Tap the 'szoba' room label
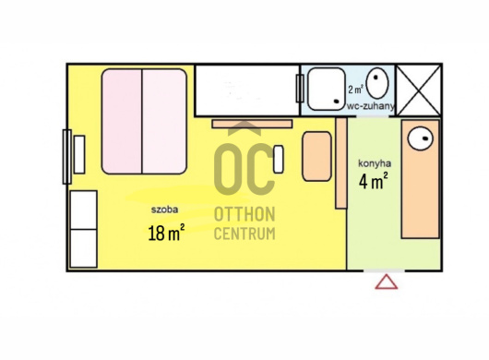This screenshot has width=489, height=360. click(x=164, y=210)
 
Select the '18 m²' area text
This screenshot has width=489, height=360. click(x=166, y=233)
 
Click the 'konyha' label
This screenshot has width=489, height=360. click(x=375, y=163)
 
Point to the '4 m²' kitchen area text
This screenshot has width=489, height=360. click(x=374, y=181)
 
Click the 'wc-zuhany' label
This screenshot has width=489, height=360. click(x=371, y=106)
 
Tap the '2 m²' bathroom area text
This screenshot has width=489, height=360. click(x=355, y=90)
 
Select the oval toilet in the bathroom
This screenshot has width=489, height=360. click(x=377, y=83)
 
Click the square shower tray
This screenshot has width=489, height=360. click(x=327, y=89)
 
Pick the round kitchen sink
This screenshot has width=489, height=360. click(x=421, y=138)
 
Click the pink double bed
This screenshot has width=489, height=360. click(x=144, y=121)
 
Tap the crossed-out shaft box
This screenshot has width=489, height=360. click(x=419, y=90)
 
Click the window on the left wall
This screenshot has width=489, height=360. click(x=67, y=157)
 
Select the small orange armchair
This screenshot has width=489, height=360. click(x=316, y=156)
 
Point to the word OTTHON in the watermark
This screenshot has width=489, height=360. click(x=244, y=214)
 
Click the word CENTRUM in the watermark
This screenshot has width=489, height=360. click(x=244, y=234)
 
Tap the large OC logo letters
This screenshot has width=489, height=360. click(x=244, y=169)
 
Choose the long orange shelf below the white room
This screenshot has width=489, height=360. click(x=252, y=124)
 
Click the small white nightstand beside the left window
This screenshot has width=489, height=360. click(x=79, y=154)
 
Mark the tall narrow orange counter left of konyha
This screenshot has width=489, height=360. click(x=341, y=163)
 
